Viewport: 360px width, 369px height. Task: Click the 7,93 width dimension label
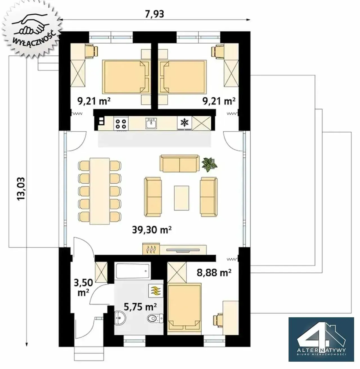(x=154, y=14)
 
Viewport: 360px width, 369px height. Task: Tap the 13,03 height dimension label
(x=21, y=189)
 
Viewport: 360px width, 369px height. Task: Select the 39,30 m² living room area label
(x=152, y=230)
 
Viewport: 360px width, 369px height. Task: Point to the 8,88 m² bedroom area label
(x=214, y=273)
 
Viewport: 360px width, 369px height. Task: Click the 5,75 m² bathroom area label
(x=140, y=307)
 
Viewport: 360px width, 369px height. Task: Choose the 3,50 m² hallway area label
(x=84, y=288)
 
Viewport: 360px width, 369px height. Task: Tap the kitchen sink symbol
(x=151, y=123)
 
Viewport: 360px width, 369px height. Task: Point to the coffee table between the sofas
(x=182, y=198)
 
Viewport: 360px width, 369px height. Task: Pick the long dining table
(x=100, y=191)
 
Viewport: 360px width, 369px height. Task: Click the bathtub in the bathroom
(x=133, y=271)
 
